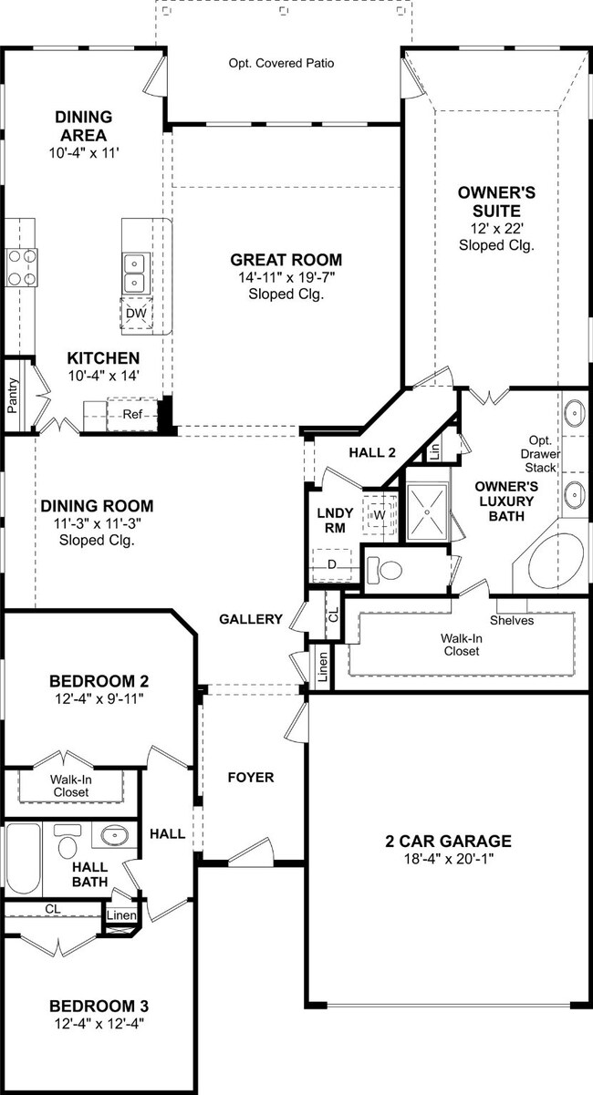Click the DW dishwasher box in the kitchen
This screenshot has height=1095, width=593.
(137, 314)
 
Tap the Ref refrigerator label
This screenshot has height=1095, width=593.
(132, 415)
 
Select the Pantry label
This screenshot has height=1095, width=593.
(12, 396)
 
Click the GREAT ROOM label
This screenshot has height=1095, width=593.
(286, 260)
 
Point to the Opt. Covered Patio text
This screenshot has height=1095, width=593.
(281, 63)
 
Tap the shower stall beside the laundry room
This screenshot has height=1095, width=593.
(428, 511)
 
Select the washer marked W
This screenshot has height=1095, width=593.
(380, 514)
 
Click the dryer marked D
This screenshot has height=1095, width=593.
(332, 565)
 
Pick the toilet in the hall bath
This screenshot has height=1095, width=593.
(66, 842)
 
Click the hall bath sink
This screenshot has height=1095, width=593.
(115, 834)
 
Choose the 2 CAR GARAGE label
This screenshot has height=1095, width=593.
(448, 841)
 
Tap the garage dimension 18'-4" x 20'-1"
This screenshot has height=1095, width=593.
(448, 858)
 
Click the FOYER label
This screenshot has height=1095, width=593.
(251, 777)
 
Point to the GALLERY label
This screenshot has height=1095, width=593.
(251, 619)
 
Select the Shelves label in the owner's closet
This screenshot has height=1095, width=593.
(512, 620)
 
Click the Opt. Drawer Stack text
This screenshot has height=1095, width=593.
(540, 454)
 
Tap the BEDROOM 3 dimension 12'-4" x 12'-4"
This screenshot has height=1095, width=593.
(99, 1023)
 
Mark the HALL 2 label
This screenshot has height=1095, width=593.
(372, 452)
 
